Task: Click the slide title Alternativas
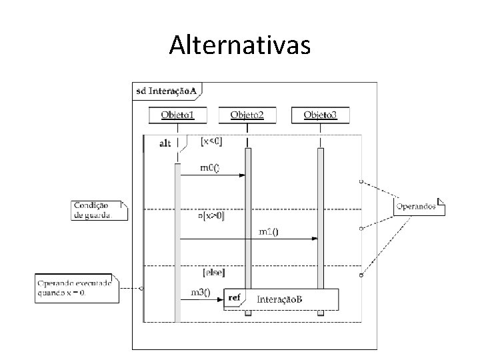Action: point(239,45)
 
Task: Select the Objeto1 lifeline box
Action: point(178,115)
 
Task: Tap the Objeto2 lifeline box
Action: point(247,115)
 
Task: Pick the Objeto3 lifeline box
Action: point(320,115)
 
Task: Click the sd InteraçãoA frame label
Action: point(167,90)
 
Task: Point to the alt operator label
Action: point(165,143)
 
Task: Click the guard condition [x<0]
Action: point(212,141)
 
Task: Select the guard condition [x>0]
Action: point(212,215)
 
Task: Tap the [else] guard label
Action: point(213,272)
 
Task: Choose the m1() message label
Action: point(269,231)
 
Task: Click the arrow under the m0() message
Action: point(213,175)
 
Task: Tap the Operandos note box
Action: point(419,206)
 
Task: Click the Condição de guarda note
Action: point(99,210)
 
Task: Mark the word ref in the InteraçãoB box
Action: point(235,297)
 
